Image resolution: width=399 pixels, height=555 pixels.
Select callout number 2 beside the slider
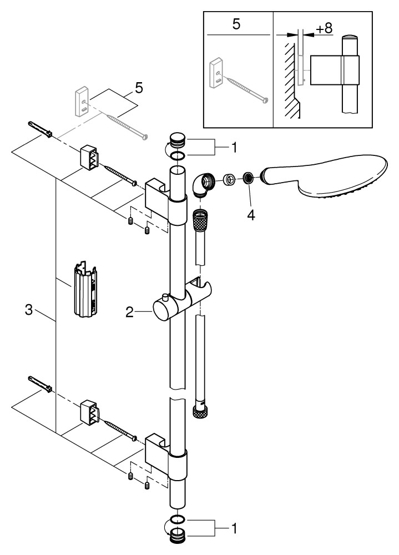[129, 313]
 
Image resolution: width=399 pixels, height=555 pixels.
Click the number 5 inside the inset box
[236, 26]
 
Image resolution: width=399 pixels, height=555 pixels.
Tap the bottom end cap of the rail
[177, 535]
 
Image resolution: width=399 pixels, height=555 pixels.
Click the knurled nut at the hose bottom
[199, 411]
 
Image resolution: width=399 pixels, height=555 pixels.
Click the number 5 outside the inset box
[139, 87]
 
